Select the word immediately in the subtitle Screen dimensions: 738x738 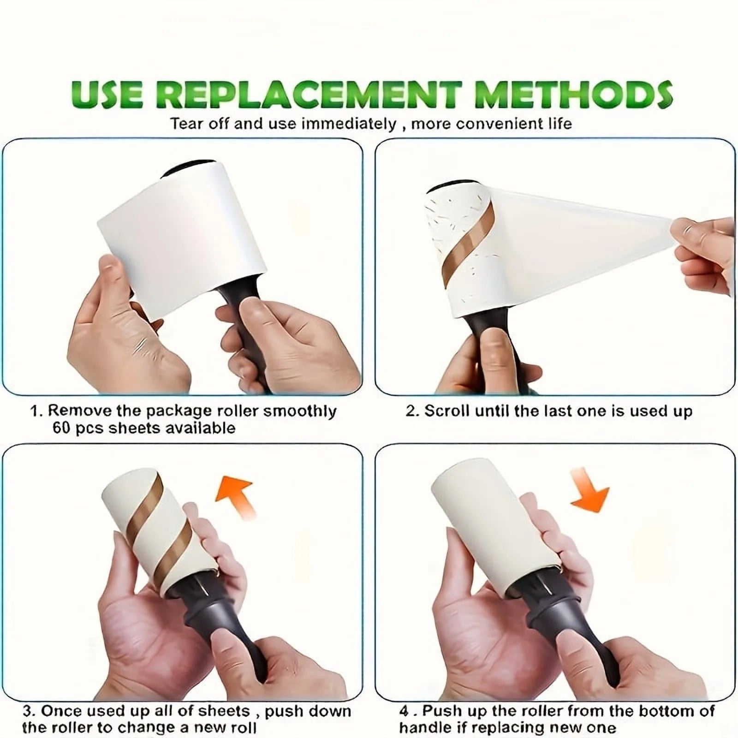349,124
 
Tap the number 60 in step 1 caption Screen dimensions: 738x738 61,428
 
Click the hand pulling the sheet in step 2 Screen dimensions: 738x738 706,254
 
